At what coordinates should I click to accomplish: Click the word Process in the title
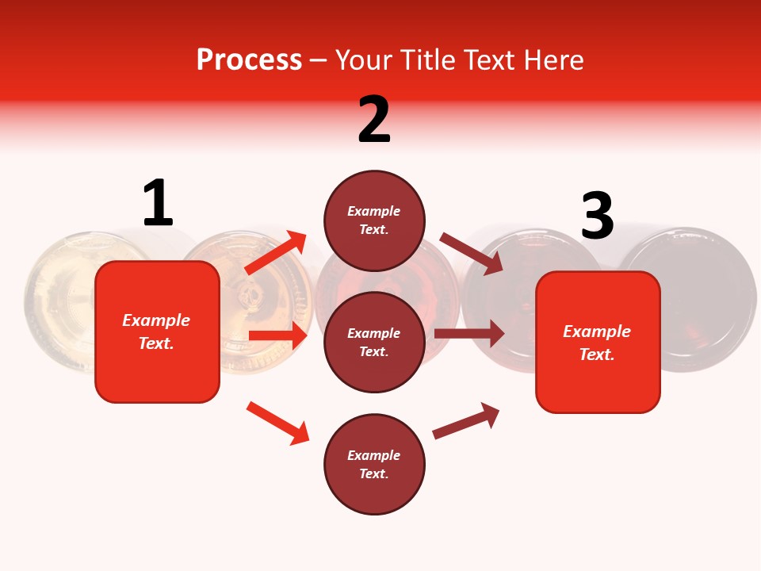(x=249, y=59)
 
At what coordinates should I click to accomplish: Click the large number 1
(x=158, y=203)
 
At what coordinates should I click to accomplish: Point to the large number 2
(x=374, y=120)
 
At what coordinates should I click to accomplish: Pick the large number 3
(x=597, y=217)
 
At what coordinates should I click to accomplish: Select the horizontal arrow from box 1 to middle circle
(x=277, y=335)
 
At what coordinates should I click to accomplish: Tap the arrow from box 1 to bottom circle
(x=277, y=423)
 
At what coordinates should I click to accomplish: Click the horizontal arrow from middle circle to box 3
(x=469, y=333)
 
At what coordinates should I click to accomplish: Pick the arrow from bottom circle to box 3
(x=466, y=420)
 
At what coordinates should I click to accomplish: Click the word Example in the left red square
(x=156, y=320)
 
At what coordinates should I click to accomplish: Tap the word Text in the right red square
(x=595, y=354)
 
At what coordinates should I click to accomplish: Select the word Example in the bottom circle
(x=373, y=455)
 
